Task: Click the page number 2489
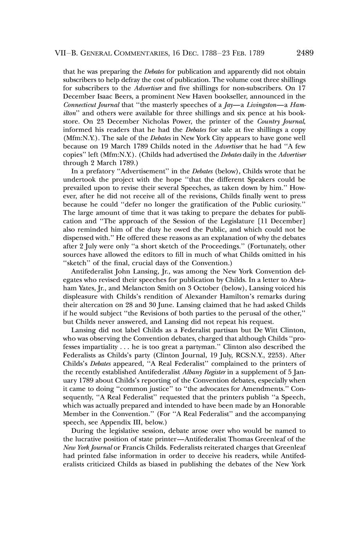(305, 53)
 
